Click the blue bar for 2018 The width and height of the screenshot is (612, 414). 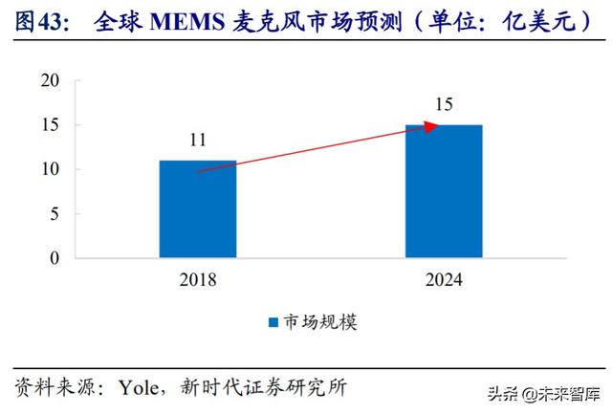(x=197, y=208)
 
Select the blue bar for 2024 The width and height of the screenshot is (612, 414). (x=443, y=191)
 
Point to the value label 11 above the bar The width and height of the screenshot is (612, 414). (x=198, y=142)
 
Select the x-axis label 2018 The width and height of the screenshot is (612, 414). (x=198, y=279)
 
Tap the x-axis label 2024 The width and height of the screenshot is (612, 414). (x=443, y=279)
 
